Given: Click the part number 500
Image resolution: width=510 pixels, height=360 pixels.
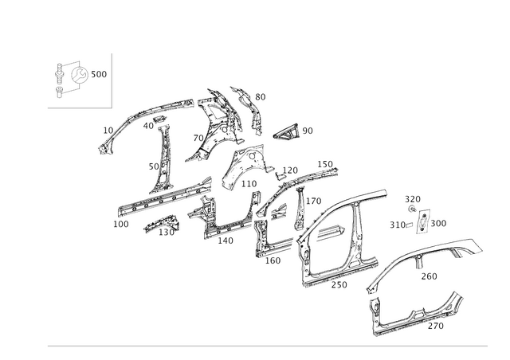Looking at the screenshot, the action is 99,74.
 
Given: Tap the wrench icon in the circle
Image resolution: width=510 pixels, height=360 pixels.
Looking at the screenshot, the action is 80,75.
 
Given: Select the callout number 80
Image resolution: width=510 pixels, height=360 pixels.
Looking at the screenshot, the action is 261,97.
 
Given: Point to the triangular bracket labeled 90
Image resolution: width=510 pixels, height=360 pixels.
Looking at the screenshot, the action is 286,131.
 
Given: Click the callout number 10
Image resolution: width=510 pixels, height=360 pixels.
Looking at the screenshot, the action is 108,131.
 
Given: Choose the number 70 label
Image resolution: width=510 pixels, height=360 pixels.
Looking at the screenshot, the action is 198,139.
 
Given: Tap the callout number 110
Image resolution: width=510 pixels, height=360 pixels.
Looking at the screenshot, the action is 249,184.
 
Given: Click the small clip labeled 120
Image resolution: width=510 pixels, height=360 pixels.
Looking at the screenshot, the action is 280,176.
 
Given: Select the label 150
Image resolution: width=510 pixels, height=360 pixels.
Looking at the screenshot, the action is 325,164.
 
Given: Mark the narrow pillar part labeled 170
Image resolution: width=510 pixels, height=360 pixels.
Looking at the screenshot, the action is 300,208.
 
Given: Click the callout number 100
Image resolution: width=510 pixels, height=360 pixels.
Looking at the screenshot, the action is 121,224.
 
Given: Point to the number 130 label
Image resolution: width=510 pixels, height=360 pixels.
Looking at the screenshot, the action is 167,233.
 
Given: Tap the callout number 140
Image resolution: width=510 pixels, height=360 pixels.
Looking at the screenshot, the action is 226,241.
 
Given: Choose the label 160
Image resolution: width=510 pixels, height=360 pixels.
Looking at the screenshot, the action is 273,260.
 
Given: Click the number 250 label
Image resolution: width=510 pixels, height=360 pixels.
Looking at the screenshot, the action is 339,284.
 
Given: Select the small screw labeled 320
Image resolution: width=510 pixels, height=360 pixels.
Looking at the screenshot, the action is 412,209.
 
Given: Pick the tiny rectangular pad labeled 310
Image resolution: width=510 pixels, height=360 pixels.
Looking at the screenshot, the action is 409,225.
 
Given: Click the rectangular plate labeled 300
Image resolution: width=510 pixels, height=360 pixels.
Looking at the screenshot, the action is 422,221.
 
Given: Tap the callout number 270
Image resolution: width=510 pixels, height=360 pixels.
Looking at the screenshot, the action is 436,326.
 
